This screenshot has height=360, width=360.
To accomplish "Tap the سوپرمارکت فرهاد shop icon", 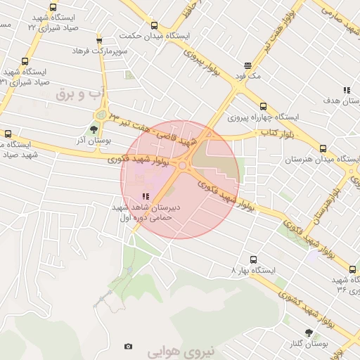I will pyautogui.click(x=99, y=41).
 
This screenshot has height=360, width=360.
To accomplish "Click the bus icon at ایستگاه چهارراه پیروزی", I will pyautogui.click(x=263, y=106).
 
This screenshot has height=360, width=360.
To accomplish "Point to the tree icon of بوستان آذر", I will pyautogui.click(x=94, y=129).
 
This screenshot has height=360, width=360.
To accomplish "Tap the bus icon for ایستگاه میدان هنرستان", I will pyautogui.click(x=323, y=148).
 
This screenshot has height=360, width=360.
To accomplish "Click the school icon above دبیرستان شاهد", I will pyautogui.click(x=146, y=197).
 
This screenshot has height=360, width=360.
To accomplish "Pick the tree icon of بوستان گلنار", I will pyautogui.click(x=309, y=333).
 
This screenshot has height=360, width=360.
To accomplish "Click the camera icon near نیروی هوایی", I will pyautogui.click(x=128, y=346).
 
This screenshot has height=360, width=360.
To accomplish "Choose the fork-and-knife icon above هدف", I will pyautogui.click(x=347, y=90).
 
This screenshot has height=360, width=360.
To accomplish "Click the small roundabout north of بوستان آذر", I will pyautogui.click(x=102, y=114).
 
